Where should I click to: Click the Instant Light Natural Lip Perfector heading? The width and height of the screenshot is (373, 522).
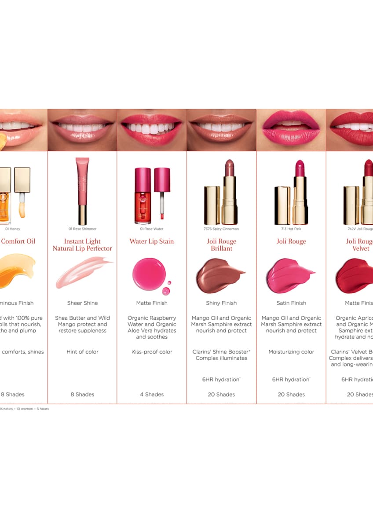tap(82, 245)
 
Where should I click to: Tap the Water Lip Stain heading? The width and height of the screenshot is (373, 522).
tap(152, 241)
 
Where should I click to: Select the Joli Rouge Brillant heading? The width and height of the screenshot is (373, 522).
tap(221, 245)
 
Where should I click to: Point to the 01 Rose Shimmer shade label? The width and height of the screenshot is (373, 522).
tap(82, 229)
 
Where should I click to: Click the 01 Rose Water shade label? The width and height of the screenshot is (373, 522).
tap(152, 229)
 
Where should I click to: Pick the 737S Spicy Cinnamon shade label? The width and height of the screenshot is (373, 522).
tap(221, 229)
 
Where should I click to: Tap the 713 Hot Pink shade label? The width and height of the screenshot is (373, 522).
tap(291, 229)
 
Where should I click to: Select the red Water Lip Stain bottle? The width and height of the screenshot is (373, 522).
tap(143, 196)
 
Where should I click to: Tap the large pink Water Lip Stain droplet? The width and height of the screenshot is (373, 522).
tap(149, 274)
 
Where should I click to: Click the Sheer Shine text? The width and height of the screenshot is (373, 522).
tap(82, 303)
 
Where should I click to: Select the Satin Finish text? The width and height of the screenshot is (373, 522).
tap(291, 303)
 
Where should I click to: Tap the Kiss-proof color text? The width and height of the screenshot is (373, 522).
tap(152, 352)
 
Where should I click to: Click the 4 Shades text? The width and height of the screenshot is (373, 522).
tap(152, 394)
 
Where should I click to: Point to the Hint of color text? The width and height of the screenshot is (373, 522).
tap(82, 352)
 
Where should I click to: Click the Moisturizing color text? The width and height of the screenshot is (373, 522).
tap(291, 352)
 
